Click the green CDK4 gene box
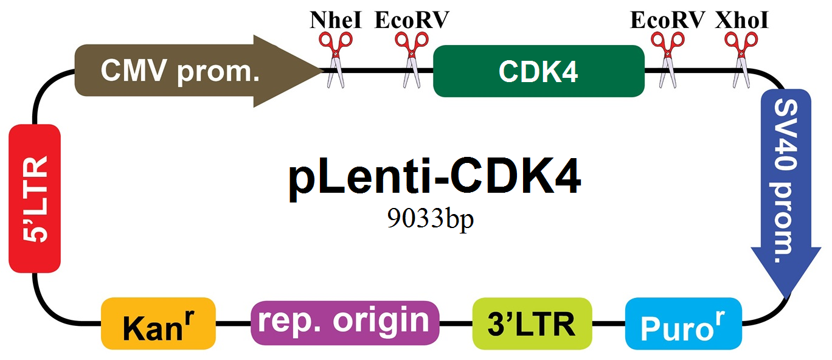click(539, 71)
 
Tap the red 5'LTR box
click(35, 198)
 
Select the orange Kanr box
click(158, 324)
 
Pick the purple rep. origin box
click(345, 323)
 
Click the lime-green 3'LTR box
click(532, 324)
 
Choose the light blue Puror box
click(684, 324)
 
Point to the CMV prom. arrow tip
click(324, 70)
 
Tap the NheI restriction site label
click(336, 20)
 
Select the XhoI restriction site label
click(741, 20)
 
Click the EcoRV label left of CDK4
click(412, 20)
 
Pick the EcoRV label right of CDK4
click(667, 20)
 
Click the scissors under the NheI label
click(336, 60)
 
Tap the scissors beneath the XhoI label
click(741, 60)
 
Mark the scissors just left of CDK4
click(412, 60)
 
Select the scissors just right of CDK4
click(668, 60)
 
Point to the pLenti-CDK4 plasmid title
click(435, 178)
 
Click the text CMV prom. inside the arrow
click(180, 71)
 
